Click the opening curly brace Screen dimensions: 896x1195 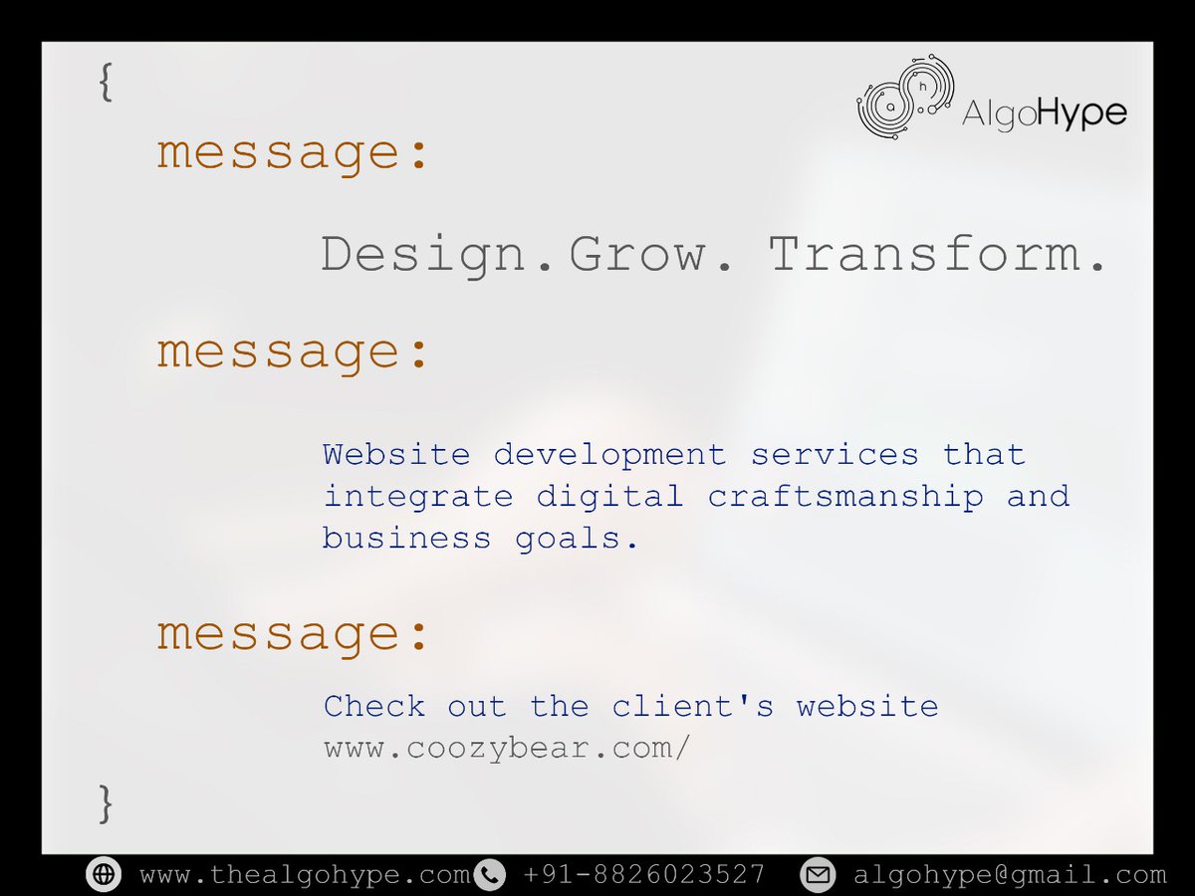click(x=106, y=83)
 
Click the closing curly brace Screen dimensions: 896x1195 click(x=106, y=803)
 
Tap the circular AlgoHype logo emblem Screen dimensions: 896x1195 click(x=905, y=97)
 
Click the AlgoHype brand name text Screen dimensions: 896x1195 click(x=1044, y=113)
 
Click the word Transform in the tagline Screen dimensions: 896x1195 click(x=937, y=255)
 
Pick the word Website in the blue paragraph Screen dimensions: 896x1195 click(x=396, y=455)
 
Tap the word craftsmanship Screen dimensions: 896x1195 click(x=845, y=496)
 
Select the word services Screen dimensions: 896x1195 click(x=835, y=455)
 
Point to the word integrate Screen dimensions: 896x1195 click(x=417, y=496)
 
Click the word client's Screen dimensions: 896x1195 click(x=693, y=707)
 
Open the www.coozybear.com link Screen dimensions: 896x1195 click(x=506, y=749)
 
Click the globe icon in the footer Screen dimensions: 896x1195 click(x=103, y=874)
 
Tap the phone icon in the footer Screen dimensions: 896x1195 click(x=489, y=874)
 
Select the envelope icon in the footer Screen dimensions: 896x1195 click(x=818, y=874)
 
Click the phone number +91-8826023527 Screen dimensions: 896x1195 click(x=643, y=874)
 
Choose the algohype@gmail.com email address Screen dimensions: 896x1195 click(x=1009, y=874)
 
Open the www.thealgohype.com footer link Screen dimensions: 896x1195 click(x=304, y=874)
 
